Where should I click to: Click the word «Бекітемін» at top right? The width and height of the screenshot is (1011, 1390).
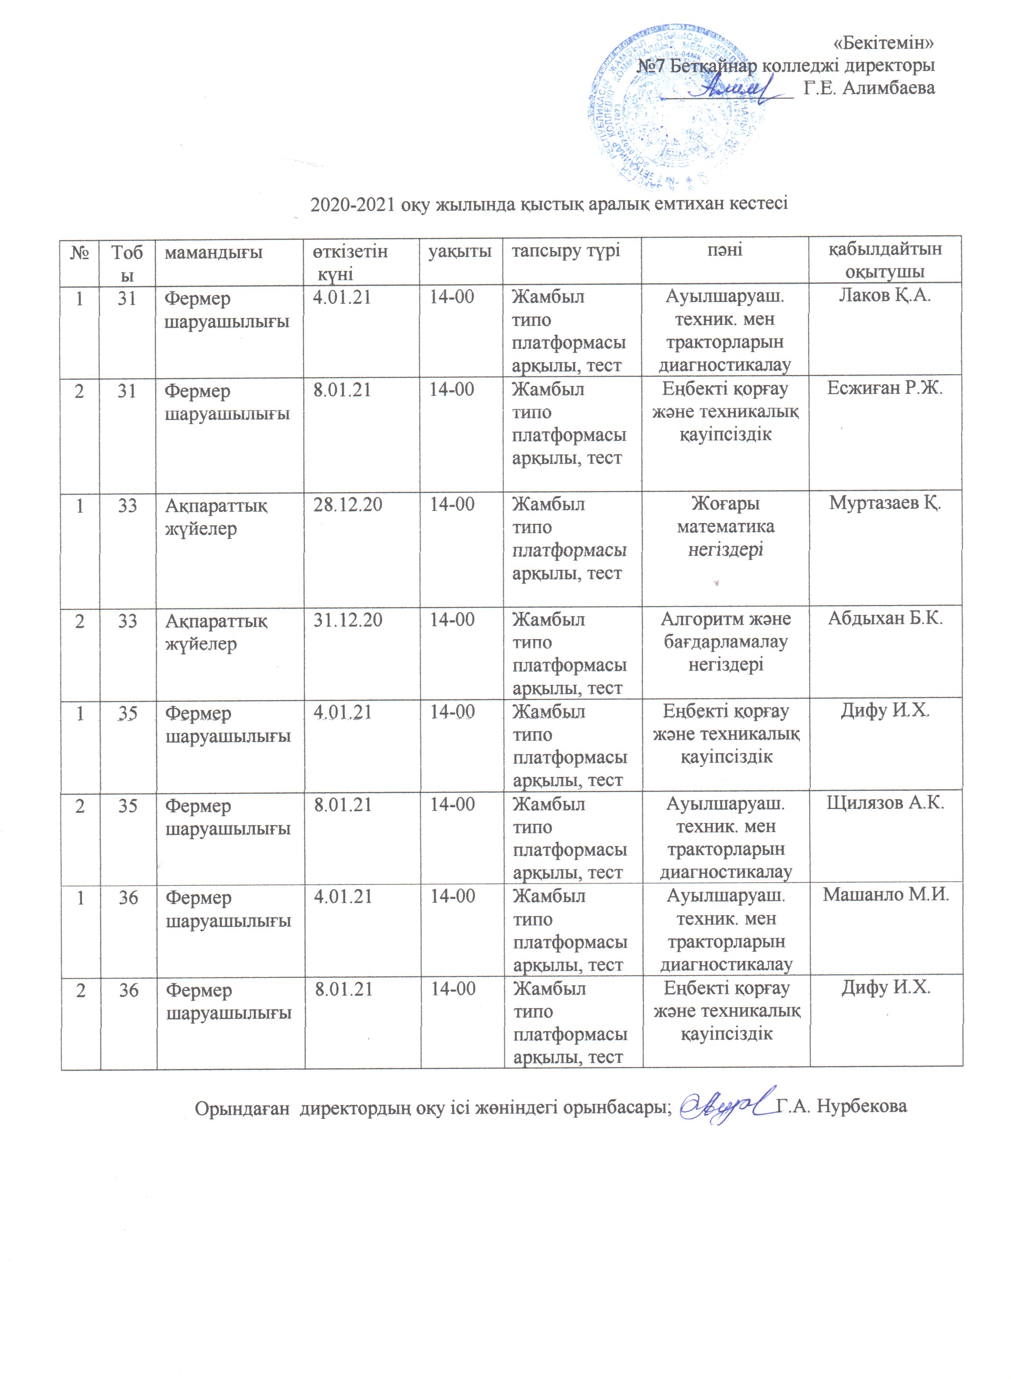884,43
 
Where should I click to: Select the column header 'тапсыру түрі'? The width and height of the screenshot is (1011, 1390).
566,251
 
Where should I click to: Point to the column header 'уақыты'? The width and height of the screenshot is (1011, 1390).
460,251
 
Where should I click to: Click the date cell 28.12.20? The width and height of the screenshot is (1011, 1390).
348,504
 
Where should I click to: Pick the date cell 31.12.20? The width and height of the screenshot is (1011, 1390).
348,620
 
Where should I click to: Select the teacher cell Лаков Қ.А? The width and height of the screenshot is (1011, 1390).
885,296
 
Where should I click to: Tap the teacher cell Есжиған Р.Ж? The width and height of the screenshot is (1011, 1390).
885,388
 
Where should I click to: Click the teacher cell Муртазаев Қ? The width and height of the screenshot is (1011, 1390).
885,503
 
